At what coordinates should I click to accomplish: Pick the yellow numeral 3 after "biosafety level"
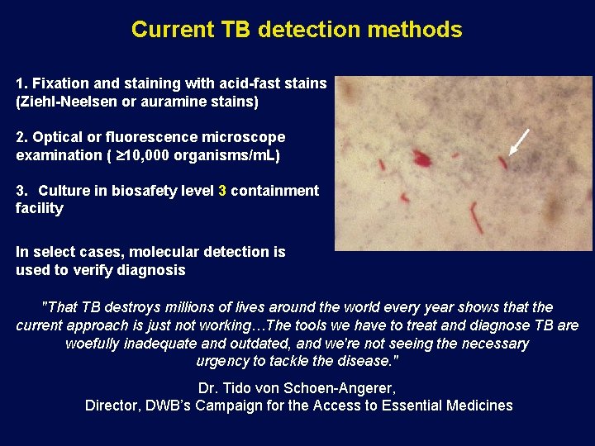coord(221,191)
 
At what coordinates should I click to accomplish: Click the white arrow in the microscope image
coord(519,142)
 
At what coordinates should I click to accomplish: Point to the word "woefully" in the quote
coord(93,343)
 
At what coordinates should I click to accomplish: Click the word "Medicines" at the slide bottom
coord(479,406)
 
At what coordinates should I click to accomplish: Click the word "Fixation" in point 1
coord(58,83)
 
